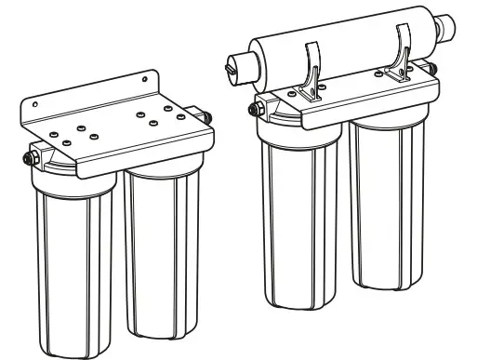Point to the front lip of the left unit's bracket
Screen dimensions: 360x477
(139, 158)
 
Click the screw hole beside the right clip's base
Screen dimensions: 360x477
(384, 71)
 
